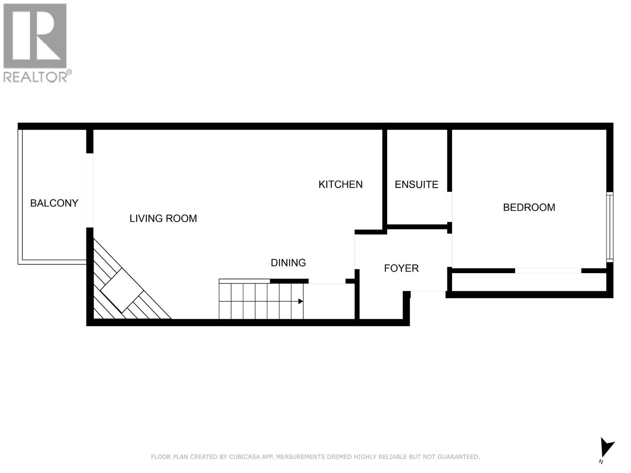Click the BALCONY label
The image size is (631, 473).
point(54,203)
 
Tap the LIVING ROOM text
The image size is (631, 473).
point(163,218)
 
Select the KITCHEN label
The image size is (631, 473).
point(340,184)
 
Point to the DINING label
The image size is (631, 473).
point(288,263)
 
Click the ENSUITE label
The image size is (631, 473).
point(416,184)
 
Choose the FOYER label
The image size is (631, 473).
point(401,268)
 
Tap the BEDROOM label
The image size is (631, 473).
point(529,207)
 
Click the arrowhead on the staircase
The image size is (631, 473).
point(301,302)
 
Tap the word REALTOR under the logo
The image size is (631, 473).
point(35,76)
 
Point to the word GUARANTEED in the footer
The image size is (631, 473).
point(459,457)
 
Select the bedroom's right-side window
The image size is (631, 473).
point(610,227)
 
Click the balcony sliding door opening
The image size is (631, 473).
point(90,190)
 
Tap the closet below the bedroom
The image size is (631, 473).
point(528,282)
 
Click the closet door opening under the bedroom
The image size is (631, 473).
point(548,271)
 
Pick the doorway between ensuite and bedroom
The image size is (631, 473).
point(450,207)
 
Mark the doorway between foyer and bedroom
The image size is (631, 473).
point(450,250)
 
